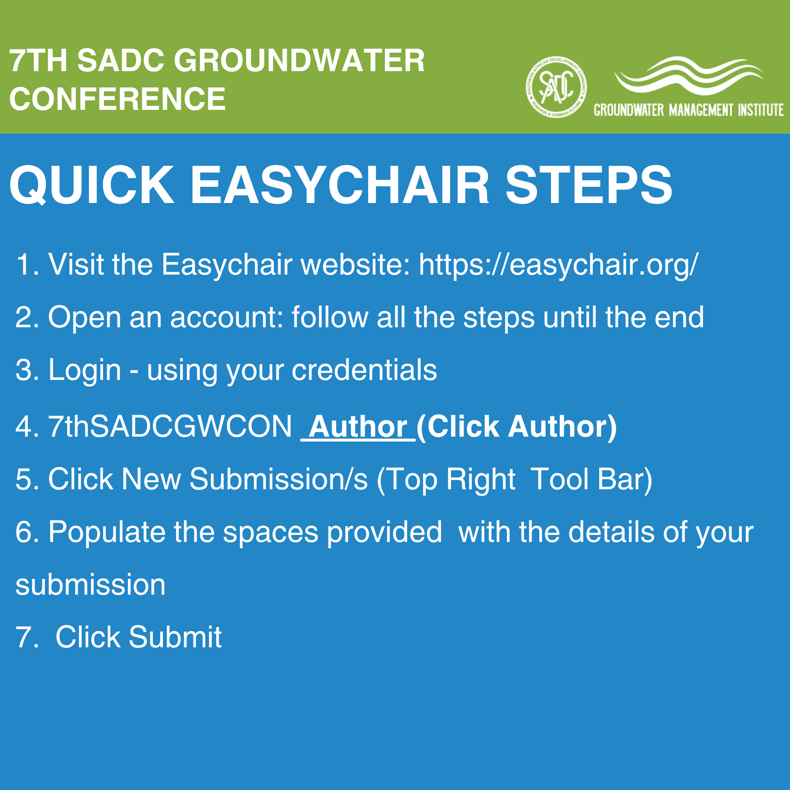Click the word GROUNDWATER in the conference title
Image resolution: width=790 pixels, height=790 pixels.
(x=299, y=60)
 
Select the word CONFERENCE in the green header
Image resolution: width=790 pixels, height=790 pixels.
(x=117, y=99)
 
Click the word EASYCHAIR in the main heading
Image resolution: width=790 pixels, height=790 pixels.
(x=340, y=185)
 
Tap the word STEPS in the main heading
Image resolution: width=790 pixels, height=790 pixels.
(x=589, y=185)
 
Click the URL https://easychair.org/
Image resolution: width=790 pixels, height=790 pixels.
(x=559, y=265)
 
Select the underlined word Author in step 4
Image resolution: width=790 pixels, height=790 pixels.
(x=358, y=426)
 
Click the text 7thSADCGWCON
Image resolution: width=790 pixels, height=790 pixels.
(x=170, y=426)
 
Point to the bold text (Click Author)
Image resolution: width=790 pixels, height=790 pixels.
(x=517, y=427)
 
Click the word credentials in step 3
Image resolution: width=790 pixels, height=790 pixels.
(x=364, y=370)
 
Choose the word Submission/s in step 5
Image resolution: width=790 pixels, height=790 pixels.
(x=279, y=479)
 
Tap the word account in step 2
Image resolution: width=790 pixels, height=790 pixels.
(x=227, y=318)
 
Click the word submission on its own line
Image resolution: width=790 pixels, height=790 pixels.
(x=90, y=585)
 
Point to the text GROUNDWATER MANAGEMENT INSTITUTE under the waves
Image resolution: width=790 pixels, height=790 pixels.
(x=689, y=110)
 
